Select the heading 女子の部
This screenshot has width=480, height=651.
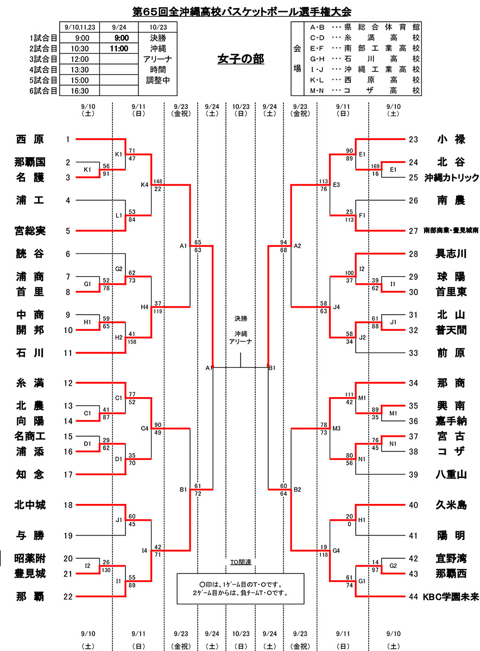[x=241, y=59]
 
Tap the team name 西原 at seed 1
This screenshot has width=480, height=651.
[x=30, y=139]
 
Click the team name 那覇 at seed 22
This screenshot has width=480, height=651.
[x=30, y=597]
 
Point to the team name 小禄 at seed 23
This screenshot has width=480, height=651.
[x=451, y=139]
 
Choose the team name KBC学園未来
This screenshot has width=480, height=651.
[x=451, y=597]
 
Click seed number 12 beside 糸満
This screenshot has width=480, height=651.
[x=68, y=384]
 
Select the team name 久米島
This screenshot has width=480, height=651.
[x=451, y=505]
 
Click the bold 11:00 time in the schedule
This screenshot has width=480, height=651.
[x=119, y=48]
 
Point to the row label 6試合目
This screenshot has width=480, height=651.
[x=43, y=91]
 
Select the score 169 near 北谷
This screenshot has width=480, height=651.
[x=375, y=167]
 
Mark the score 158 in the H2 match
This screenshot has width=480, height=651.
[x=132, y=342]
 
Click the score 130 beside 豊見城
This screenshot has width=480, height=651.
[x=106, y=570]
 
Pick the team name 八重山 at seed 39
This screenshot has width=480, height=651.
[x=451, y=475]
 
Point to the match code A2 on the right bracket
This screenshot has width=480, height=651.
[x=297, y=246]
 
